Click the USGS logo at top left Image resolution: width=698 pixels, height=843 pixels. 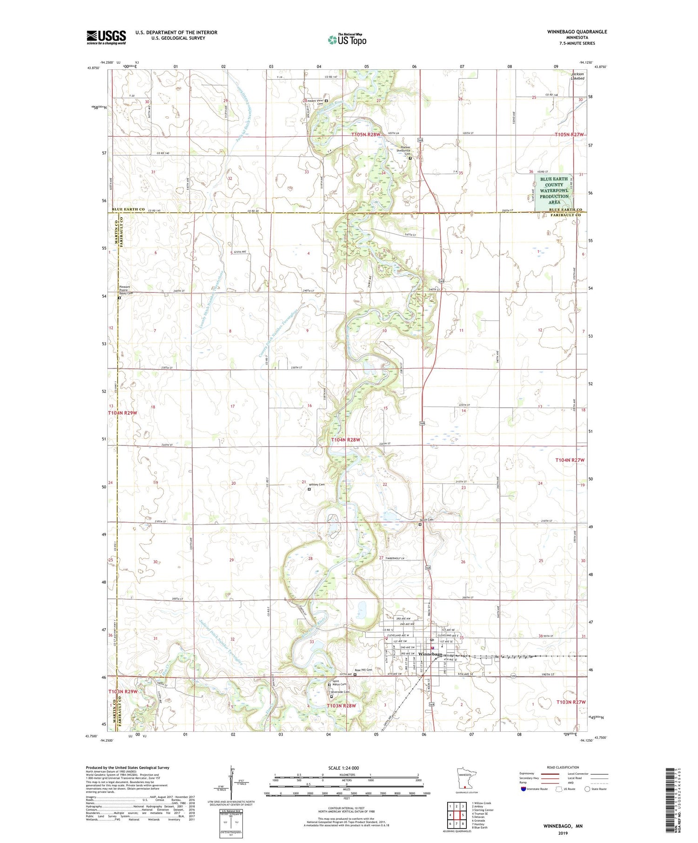tap(106, 37)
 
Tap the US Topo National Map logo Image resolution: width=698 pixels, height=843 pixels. tap(347, 40)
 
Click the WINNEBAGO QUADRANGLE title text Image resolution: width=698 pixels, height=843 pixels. tap(577, 32)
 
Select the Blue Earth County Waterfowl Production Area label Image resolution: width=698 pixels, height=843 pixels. tap(554, 191)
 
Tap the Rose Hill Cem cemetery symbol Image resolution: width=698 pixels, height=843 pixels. tap(355, 674)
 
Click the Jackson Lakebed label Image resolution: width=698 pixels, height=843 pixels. tap(577, 76)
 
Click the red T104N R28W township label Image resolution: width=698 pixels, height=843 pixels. tap(345, 440)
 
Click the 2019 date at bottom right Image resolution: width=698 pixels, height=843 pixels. tap(563, 833)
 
